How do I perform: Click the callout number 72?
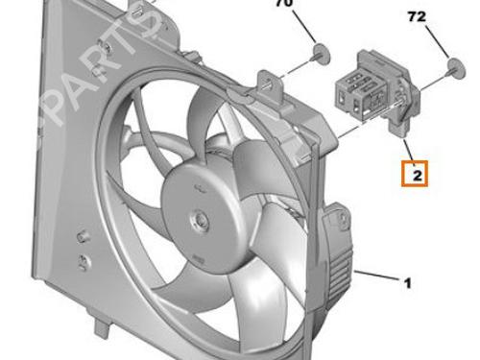[x=417, y=16]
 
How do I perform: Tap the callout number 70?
[x=285, y=3]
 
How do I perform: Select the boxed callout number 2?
[x=418, y=176]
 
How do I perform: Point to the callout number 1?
[x=407, y=283]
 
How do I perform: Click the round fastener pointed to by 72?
[x=456, y=68]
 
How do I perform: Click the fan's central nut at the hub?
[x=199, y=221]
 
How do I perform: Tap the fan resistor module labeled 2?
[x=376, y=93]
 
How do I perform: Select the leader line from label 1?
[x=377, y=276]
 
